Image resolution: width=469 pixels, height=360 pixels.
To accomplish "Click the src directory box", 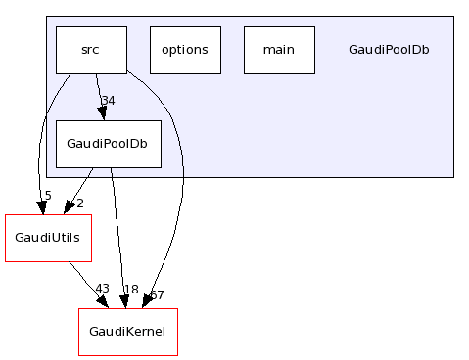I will pos(91,50).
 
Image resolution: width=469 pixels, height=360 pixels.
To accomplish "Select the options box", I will pos(185,50).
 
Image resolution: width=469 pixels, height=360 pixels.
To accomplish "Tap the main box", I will pos(279,50).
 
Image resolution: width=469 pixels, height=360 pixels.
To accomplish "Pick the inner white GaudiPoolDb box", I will pos(108,144).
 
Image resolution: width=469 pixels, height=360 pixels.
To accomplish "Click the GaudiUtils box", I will pos(48,238).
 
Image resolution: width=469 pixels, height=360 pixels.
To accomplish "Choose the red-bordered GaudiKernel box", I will pos(127,332).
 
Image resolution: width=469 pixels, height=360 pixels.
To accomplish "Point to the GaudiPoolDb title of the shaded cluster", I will pos(389,50).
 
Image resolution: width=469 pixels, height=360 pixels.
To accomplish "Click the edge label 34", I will pos(109,101).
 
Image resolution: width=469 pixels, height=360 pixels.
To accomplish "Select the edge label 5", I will pos(47,196).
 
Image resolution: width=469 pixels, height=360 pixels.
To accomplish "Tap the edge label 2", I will pos(80,203).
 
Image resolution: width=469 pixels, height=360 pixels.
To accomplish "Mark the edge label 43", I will pos(102,289).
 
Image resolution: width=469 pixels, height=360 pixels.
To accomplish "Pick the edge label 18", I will pos(131,290).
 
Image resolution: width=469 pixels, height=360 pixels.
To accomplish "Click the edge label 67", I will pos(157,295).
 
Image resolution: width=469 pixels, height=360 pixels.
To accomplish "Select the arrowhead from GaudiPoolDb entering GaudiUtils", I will pos(68,206).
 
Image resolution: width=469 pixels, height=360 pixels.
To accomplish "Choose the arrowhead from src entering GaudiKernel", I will pos(147,301).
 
